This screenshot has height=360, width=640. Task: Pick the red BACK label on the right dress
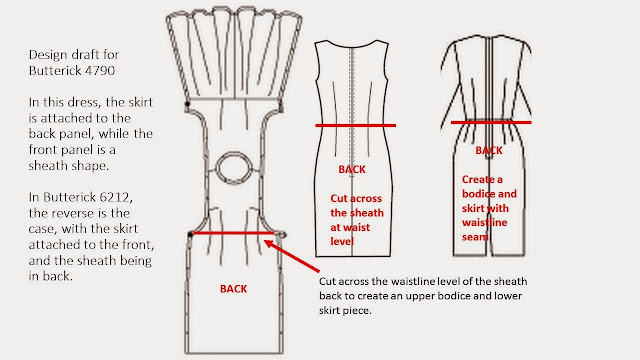tap(488, 150)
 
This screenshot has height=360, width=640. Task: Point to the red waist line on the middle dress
tap(356, 125)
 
